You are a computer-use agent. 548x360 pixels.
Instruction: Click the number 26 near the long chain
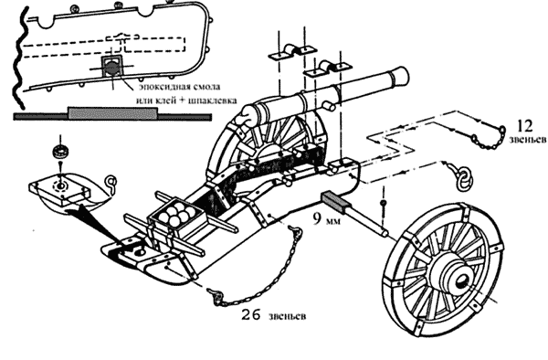251,315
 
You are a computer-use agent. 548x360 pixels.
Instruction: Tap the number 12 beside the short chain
524,126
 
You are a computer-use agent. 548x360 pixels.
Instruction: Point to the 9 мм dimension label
326,219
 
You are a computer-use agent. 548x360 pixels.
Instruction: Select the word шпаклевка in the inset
212,101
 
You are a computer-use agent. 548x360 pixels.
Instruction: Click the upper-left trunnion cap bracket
292,51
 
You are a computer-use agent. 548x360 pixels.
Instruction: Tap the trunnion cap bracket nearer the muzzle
328,69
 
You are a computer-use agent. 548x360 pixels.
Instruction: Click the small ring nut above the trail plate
61,152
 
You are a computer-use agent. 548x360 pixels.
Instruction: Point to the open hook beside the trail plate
111,183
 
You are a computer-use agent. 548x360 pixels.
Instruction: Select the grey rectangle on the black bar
113,113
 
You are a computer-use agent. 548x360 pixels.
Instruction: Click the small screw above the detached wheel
384,203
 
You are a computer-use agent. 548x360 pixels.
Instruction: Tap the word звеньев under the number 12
527,140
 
